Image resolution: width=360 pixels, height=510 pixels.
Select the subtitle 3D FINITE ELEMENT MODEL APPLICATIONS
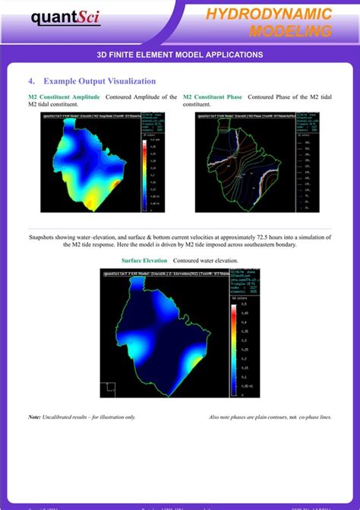[x=180, y=55]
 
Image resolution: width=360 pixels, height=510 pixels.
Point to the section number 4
[x=31, y=81]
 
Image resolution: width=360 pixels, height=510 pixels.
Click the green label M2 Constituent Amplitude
[x=65, y=97]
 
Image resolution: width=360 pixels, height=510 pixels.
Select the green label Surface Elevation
[x=144, y=260]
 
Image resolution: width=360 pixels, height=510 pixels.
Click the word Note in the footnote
[x=34, y=417]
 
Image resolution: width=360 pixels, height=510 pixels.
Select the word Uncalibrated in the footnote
[x=60, y=417]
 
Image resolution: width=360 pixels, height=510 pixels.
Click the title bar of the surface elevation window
[x=179, y=272]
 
